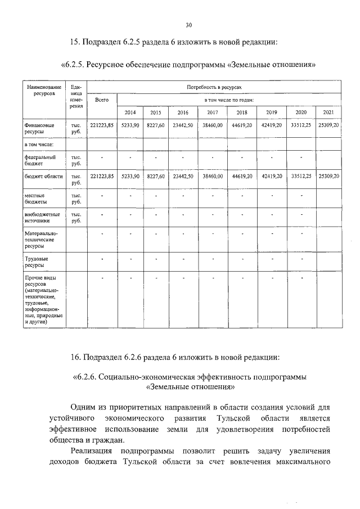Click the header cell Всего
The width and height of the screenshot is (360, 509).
pyautogui.click(x=102, y=100)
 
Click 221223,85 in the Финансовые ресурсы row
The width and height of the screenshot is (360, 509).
pyautogui.click(x=102, y=124)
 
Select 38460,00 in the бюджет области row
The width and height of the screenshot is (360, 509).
pyautogui.click(x=213, y=176)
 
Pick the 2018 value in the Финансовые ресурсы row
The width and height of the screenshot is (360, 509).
pyautogui.click(x=242, y=124)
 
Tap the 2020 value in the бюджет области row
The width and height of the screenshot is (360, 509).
pyautogui.click(x=301, y=176)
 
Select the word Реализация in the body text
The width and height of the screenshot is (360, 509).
pyautogui.click(x=92, y=451)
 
